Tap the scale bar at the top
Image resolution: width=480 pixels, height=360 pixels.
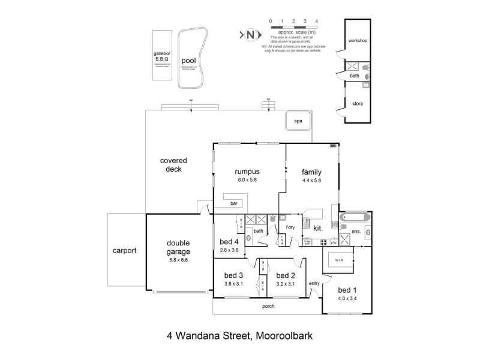click(x=293, y=27)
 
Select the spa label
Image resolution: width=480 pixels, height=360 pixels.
click(x=298, y=121)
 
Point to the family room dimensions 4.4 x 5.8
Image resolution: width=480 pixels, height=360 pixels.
click(x=312, y=179)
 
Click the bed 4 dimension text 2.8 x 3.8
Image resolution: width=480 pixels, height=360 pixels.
click(x=229, y=250)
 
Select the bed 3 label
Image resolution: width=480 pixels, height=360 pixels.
click(x=234, y=276)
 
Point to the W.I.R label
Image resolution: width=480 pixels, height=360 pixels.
click(x=338, y=261)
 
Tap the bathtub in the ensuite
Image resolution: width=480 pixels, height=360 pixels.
click(x=355, y=218)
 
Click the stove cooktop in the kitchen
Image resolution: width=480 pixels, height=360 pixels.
click(x=324, y=243)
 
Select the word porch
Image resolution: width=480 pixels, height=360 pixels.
click(x=268, y=306)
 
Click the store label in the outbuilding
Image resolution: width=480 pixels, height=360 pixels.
click(x=357, y=104)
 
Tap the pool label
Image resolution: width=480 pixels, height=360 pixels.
click(x=188, y=61)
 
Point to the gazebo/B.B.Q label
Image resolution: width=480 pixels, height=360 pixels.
click(x=162, y=57)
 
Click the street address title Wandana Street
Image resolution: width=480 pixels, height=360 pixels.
click(x=247, y=337)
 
